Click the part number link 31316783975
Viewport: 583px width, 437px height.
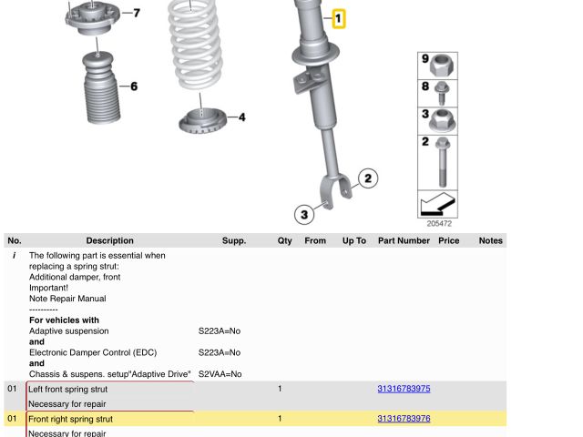pyautogui.click(x=404, y=389)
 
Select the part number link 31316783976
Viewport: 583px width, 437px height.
pyautogui.click(x=404, y=419)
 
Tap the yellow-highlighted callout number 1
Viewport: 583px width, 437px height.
pyautogui.click(x=338, y=18)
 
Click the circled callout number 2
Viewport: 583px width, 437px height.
pyautogui.click(x=368, y=178)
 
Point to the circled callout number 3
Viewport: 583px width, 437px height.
pyautogui.click(x=304, y=215)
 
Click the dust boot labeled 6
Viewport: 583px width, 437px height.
pyautogui.click(x=101, y=87)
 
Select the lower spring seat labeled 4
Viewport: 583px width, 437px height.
pyautogui.click(x=202, y=120)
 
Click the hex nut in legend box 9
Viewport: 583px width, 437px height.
pyautogui.click(x=441, y=66)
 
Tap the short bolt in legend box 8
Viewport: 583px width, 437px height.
pyautogui.click(x=442, y=93)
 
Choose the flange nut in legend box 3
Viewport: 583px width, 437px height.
pyautogui.click(x=441, y=120)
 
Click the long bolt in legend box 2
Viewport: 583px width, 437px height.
pyautogui.click(x=442, y=162)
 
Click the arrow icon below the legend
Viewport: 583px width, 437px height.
pyautogui.click(x=437, y=204)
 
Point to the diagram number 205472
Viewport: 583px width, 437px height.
pyautogui.click(x=439, y=223)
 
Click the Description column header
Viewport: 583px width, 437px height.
pyautogui.click(x=109, y=240)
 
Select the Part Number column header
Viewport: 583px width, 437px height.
pyautogui.click(x=404, y=240)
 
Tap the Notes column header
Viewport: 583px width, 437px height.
pyautogui.click(x=490, y=240)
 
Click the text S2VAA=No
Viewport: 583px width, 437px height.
pyautogui.click(x=220, y=374)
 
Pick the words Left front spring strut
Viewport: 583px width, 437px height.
pyautogui.click(x=68, y=389)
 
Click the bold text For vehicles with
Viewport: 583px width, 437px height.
pyautogui.click(x=65, y=320)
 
